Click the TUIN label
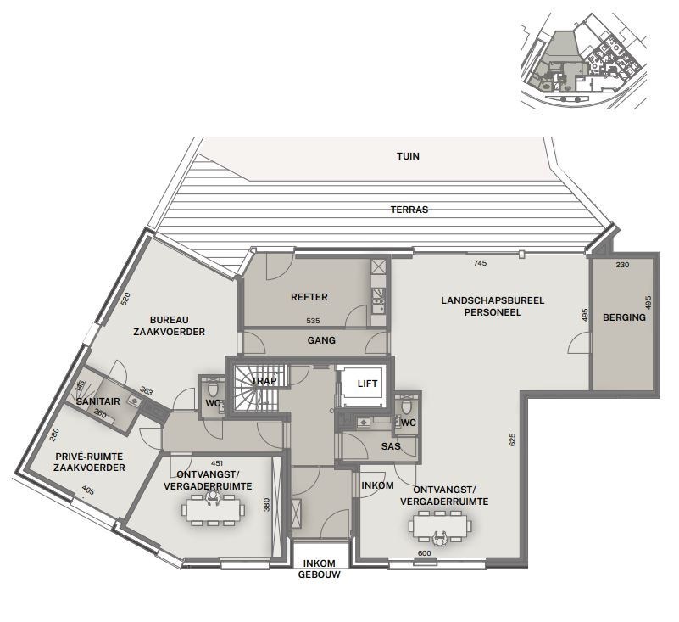(408, 156)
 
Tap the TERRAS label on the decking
(409, 210)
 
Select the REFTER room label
(309, 297)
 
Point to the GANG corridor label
(321, 340)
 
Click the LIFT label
(367, 384)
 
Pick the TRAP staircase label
(264, 381)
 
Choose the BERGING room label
(624, 317)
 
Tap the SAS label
(391, 446)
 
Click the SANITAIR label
(97, 402)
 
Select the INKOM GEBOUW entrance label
(319, 569)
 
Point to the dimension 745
(481, 263)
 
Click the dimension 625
(513, 440)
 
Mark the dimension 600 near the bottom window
(425, 553)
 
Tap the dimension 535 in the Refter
(313, 322)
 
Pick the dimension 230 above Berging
(622, 265)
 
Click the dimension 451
(216, 464)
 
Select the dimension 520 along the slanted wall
(126, 299)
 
